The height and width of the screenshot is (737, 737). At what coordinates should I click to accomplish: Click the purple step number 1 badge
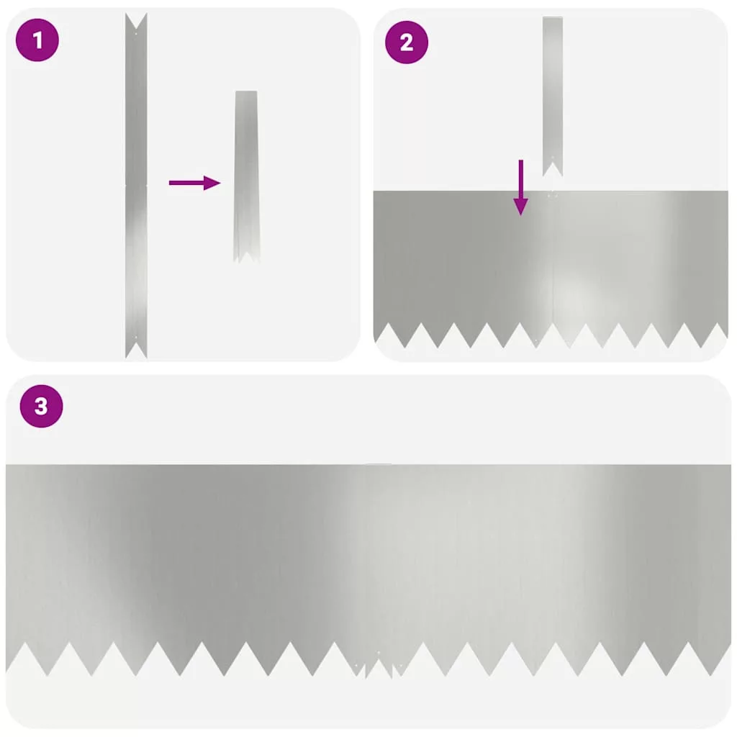click(x=37, y=40)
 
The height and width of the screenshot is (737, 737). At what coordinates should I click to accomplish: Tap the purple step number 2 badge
click(x=407, y=42)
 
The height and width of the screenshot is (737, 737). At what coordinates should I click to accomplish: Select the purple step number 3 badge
click(x=41, y=406)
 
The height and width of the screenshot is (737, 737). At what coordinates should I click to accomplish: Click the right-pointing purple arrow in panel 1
click(x=194, y=183)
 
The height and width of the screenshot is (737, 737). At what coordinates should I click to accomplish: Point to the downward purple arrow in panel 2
click(x=521, y=188)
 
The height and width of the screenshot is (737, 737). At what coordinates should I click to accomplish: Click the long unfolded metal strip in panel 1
click(x=136, y=186)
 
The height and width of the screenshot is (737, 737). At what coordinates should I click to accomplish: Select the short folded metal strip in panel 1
click(x=246, y=177)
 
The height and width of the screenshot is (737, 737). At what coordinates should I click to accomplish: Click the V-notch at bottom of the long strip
click(x=136, y=351)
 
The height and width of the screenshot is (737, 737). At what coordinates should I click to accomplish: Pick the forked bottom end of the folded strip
click(x=246, y=256)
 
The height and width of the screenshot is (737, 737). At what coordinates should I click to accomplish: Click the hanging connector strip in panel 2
click(x=553, y=96)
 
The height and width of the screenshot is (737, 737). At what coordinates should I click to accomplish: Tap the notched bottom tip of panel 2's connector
click(x=553, y=169)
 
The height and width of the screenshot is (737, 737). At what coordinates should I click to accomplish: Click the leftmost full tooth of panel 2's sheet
click(x=405, y=335)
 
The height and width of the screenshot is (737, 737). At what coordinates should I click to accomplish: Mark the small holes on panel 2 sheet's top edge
click(x=553, y=195)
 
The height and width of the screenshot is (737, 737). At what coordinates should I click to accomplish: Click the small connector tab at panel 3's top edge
click(x=379, y=464)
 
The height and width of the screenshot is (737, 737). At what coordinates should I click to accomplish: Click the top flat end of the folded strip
click(x=246, y=92)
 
